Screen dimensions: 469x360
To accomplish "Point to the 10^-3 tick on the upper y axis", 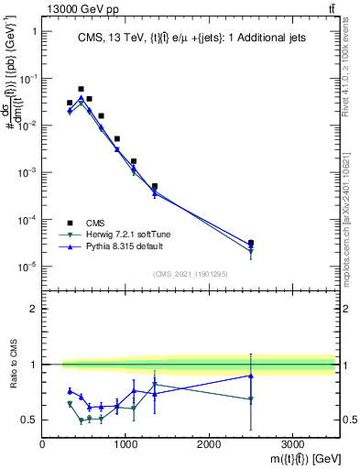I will point(29,172).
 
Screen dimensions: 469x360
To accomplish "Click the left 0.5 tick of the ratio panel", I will point(32,420).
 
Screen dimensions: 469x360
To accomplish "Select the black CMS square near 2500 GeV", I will point(251,243).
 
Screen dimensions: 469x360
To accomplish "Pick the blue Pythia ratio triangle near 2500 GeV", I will point(251,376).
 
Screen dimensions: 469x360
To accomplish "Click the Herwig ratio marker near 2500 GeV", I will point(251,399).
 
